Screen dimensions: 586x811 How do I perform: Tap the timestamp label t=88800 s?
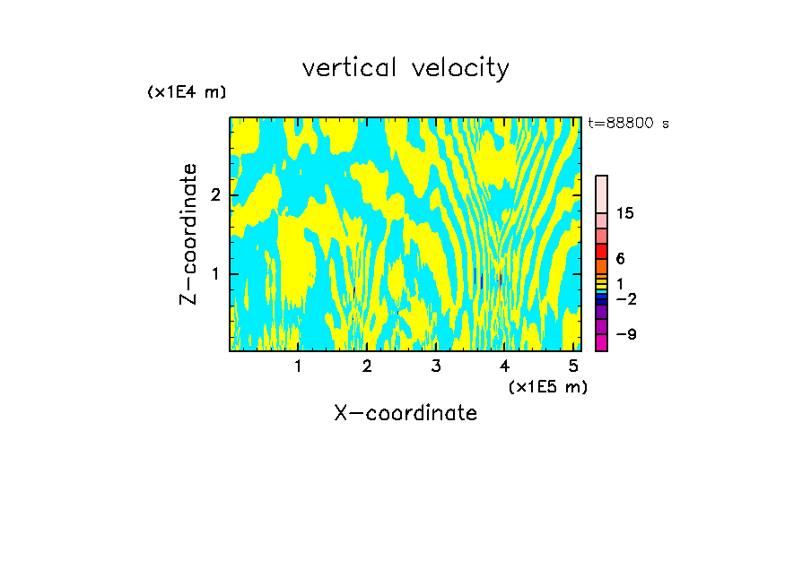[x=628, y=124]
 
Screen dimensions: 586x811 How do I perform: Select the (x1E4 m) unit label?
[x=187, y=92]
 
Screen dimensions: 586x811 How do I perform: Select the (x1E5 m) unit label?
[x=547, y=386]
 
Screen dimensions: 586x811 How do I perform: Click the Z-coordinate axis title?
[x=188, y=234]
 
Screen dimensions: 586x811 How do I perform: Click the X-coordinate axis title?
[x=405, y=413]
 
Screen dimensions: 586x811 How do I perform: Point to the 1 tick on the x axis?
[x=298, y=366]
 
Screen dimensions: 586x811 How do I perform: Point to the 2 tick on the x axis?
[x=367, y=366]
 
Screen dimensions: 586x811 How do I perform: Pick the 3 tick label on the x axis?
[x=436, y=366]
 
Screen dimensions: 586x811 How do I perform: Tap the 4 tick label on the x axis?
[x=504, y=366]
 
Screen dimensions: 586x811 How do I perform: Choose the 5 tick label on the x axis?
[x=573, y=366]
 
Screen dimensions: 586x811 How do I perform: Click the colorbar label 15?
[x=625, y=213]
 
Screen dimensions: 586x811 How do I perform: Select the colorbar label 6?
[x=620, y=259]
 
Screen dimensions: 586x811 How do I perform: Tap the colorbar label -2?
[x=625, y=299]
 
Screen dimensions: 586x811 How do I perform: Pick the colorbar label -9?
[x=625, y=334]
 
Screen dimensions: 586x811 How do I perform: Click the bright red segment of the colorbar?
[x=601, y=251]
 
